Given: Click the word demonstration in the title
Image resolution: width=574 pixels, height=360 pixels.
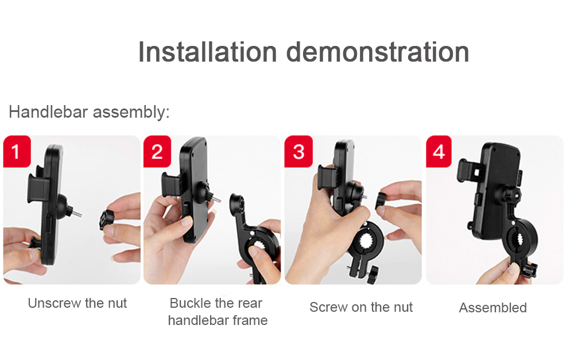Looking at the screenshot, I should pos(378,52).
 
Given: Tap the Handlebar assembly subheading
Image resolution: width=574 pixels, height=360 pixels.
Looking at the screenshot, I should pos(89,111).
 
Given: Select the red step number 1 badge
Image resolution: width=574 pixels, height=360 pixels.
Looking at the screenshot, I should pos(16,152).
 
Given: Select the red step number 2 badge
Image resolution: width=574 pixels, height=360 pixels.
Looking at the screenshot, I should pos(157,152).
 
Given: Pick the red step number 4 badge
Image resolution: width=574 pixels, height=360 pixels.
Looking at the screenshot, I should pos(439,152).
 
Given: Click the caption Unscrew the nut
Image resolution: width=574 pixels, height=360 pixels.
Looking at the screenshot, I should pos(77,303).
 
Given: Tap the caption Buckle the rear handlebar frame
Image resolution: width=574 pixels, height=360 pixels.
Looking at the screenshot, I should pos(217,312).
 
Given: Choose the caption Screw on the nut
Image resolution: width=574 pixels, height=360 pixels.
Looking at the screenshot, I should pos(360,307).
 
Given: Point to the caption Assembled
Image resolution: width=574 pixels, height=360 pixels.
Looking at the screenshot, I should pos(492,308).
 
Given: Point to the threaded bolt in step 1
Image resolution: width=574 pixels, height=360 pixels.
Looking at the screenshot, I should pos(75,214).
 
